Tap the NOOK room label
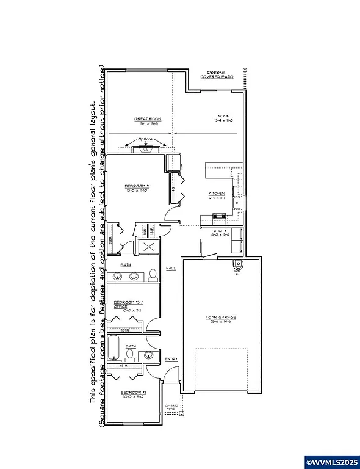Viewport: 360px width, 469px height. click(x=224, y=117)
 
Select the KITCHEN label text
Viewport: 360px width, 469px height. click(x=217, y=195)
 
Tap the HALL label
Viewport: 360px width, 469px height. click(x=171, y=268)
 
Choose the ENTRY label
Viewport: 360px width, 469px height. click(x=171, y=359)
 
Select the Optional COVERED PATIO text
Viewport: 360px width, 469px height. click(x=217, y=75)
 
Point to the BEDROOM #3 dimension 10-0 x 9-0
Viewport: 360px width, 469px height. click(x=132, y=396)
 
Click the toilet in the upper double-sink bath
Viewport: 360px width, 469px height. click(x=153, y=274)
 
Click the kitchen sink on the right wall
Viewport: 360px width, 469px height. click(x=240, y=202)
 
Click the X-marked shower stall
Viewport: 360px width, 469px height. click(x=147, y=247)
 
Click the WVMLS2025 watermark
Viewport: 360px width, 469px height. click(x=331, y=460)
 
